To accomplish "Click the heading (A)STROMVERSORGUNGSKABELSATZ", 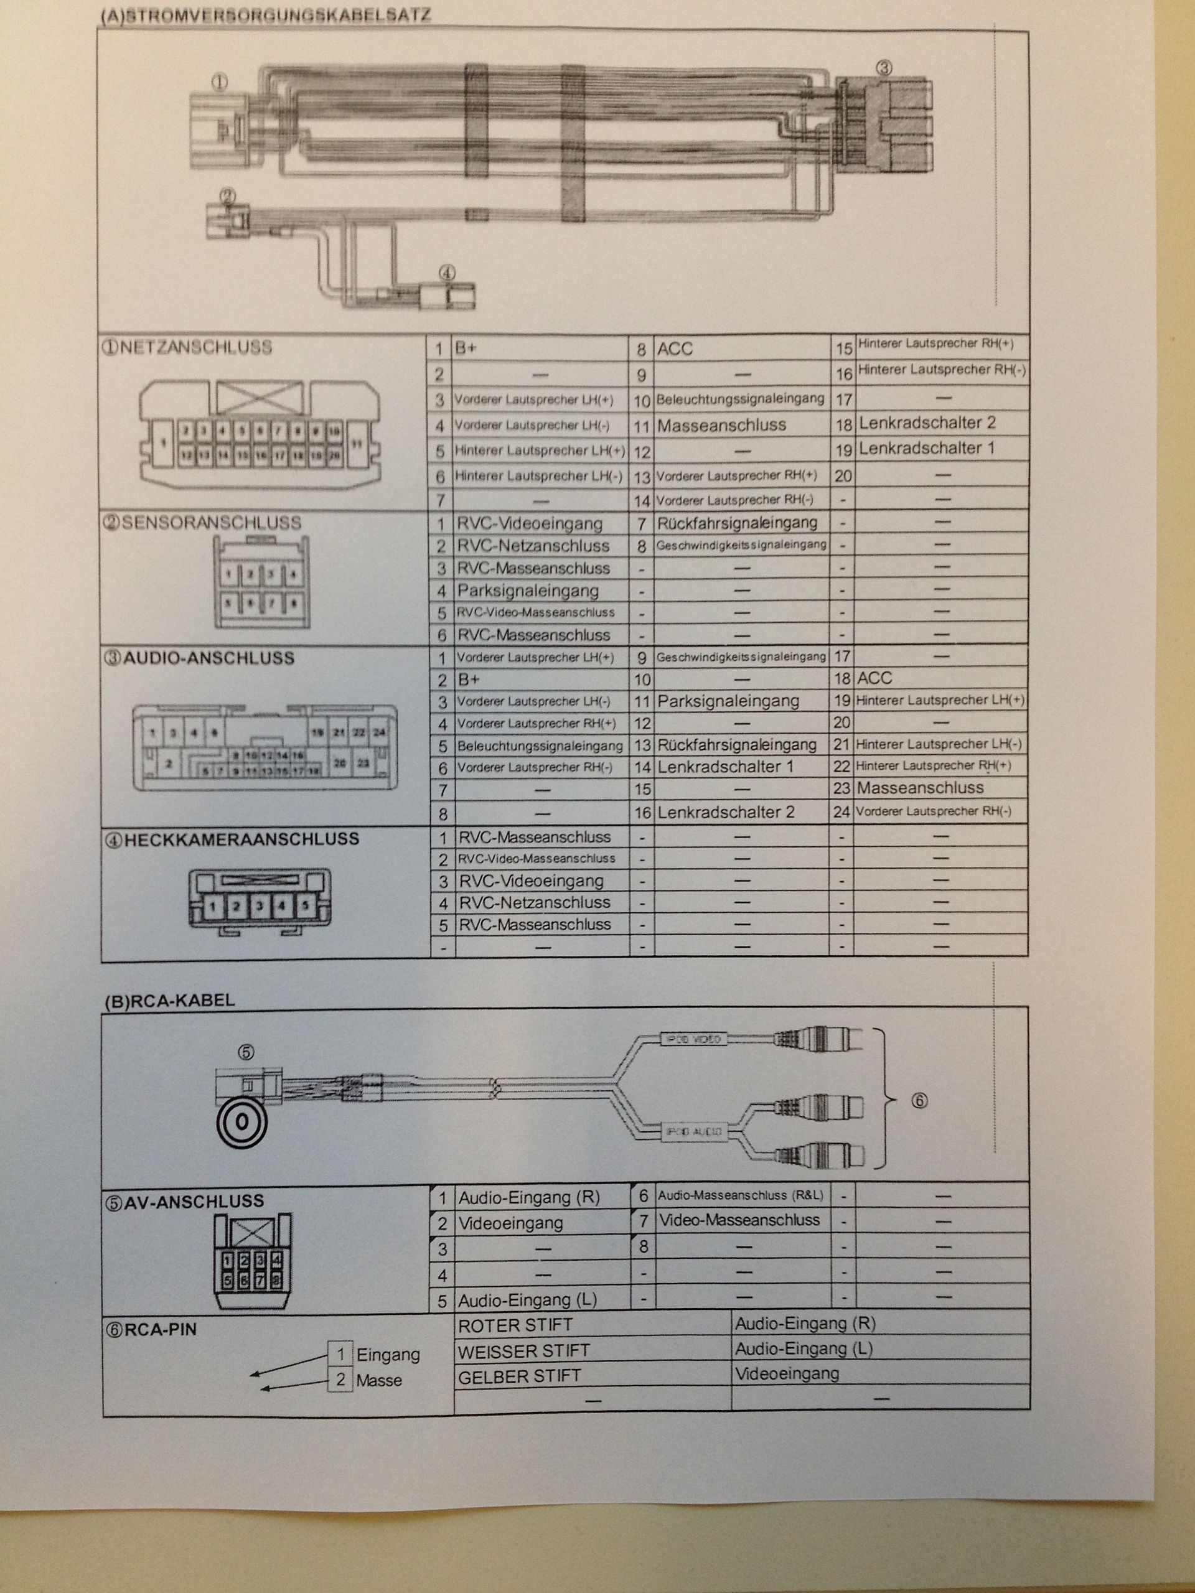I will [x=265, y=16].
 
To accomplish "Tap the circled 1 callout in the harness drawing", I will [x=219, y=82].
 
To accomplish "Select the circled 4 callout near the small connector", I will [x=447, y=273].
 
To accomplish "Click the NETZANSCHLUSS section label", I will [x=187, y=347].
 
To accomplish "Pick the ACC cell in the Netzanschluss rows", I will [x=675, y=349].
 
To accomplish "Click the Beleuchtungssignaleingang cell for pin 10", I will [x=741, y=399].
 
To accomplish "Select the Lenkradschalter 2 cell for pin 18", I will [x=927, y=423].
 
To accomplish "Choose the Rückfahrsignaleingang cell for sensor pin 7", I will [x=737, y=523].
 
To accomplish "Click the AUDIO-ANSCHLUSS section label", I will [x=200, y=658].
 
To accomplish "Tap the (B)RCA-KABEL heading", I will [x=169, y=1001].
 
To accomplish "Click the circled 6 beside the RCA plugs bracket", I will [x=919, y=1100].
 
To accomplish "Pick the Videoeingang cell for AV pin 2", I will [x=511, y=1223].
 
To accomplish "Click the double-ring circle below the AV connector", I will [x=243, y=1121].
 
